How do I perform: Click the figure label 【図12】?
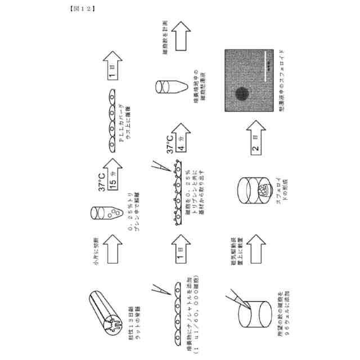pos(82,8)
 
